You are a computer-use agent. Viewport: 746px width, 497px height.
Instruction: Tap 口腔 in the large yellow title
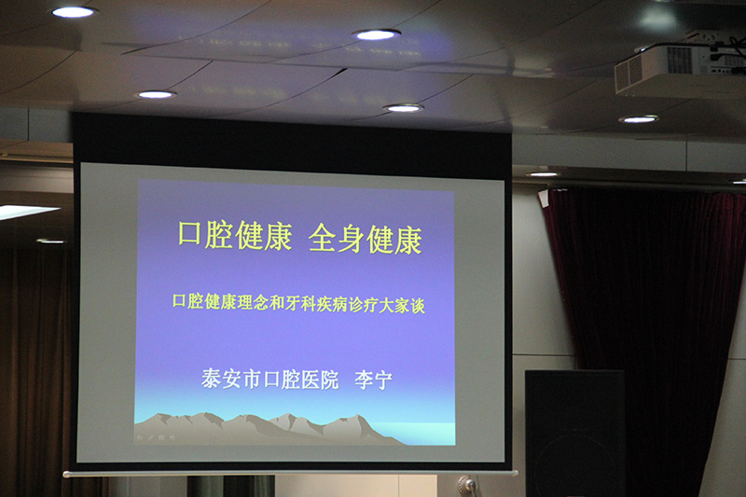[x=204, y=234]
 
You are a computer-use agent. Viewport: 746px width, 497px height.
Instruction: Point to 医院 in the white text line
[x=320, y=380]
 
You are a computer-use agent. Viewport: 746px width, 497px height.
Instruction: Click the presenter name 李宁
[x=374, y=380]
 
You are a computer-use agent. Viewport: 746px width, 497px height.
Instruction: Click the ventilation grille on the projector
[x=680, y=60]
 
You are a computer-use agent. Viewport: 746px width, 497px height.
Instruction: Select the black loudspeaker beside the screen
[x=574, y=433]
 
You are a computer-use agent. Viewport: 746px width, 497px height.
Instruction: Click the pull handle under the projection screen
[x=467, y=485]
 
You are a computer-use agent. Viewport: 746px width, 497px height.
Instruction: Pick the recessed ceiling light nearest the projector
[x=639, y=119]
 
